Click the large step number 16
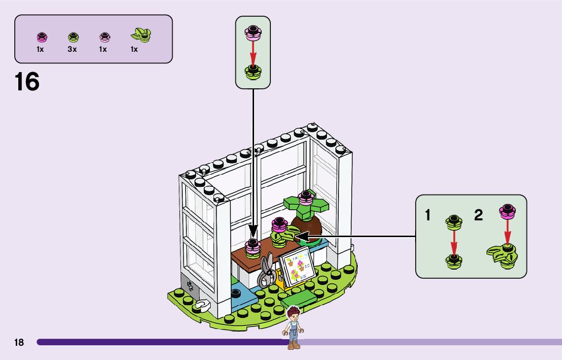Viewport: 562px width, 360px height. coord(27,82)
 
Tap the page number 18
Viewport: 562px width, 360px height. coord(19,343)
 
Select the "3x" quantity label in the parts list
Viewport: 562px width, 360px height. coord(72,49)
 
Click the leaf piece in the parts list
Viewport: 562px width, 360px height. coord(141,35)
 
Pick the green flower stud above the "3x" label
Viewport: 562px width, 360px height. coord(73,37)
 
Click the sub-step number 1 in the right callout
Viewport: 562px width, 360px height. coord(428,215)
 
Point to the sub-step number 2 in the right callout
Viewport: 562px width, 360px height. coord(478,215)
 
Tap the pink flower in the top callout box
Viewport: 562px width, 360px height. coord(253,32)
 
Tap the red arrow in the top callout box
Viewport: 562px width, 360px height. coord(253,52)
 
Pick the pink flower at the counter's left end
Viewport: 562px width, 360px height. coord(253,247)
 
